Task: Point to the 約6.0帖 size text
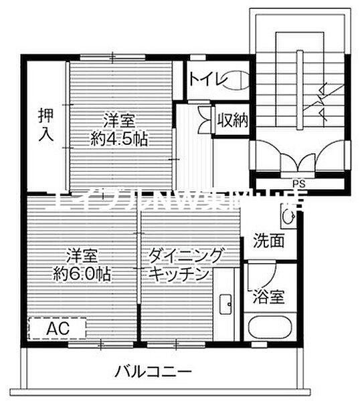(82, 274)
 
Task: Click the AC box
(57, 328)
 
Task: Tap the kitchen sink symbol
(226, 304)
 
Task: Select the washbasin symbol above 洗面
(288, 216)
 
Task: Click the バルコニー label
(153, 371)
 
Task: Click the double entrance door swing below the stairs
(298, 159)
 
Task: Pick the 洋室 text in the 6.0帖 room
(82, 255)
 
